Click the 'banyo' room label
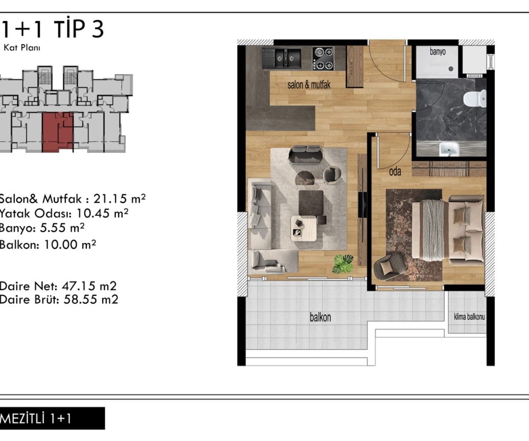pos(438,52)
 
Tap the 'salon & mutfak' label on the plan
pos(309,85)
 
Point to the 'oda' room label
pos(395,172)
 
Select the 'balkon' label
pos(320,318)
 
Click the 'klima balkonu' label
pos(469,317)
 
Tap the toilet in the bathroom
pos(475,98)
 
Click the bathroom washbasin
pos(450,149)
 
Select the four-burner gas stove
pos(323,59)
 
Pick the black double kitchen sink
pos(282,58)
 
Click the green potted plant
pos(343,264)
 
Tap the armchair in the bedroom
pos(390,267)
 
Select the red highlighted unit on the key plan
pos(57,132)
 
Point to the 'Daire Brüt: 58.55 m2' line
pos(59,299)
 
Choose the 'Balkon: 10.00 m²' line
pos(48,245)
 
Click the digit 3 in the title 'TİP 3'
pos(97,30)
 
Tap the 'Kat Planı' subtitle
pos(22,48)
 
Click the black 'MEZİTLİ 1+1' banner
pos(52,418)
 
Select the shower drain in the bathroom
pos(451,68)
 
